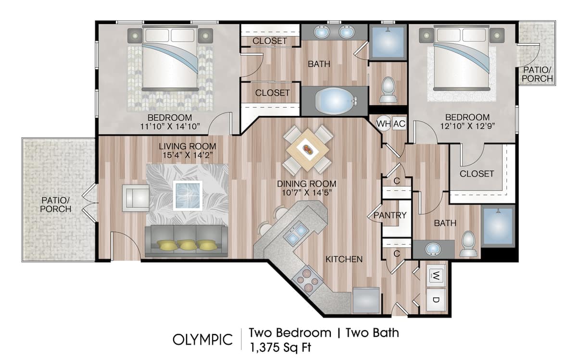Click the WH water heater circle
(x=383, y=124)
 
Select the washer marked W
(x=435, y=275)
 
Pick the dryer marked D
(x=435, y=300)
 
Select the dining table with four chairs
(x=308, y=149)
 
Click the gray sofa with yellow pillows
(x=187, y=240)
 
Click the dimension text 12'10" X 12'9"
(x=467, y=127)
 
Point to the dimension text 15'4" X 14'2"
(x=188, y=155)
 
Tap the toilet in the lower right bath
(x=468, y=244)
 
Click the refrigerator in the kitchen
(x=366, y=300)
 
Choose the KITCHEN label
(x=344, y=259)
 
